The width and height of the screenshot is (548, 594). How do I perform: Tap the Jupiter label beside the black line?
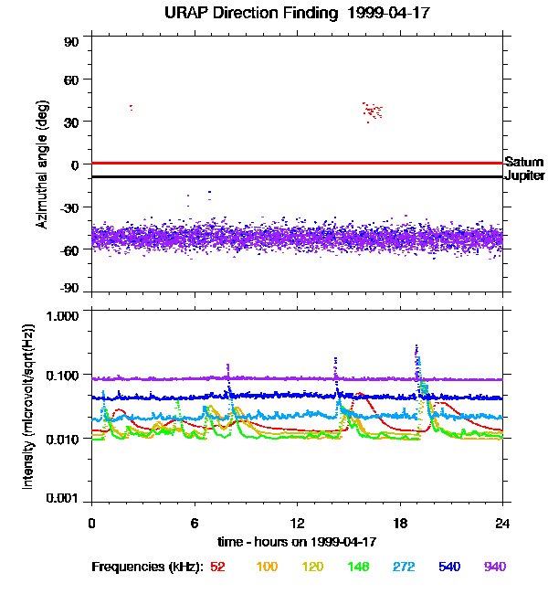tap(524, 175)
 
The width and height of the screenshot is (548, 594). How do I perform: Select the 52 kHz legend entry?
tap(217, 567)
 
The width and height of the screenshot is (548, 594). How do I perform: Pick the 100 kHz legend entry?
tap(267, 567)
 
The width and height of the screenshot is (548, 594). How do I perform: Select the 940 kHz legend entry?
tap(494, 567)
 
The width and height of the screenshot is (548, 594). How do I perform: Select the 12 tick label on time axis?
tap(297, 524)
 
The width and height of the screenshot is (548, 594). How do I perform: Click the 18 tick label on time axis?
tap(400, 524)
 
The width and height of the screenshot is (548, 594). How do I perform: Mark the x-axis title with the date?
tap(297, 542)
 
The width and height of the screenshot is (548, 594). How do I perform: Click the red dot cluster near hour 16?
tap(372, 111)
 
